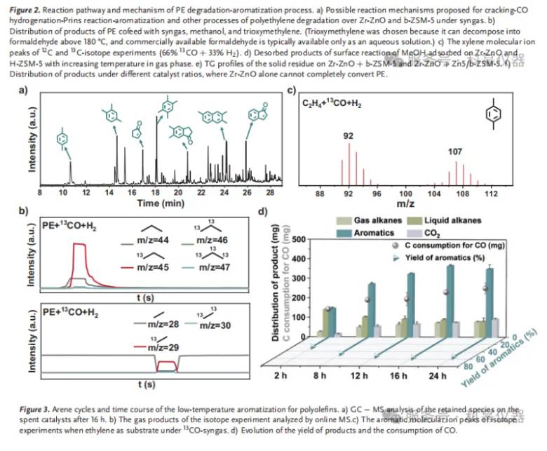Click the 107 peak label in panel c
[455, 151]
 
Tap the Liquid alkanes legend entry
[445, 220]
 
